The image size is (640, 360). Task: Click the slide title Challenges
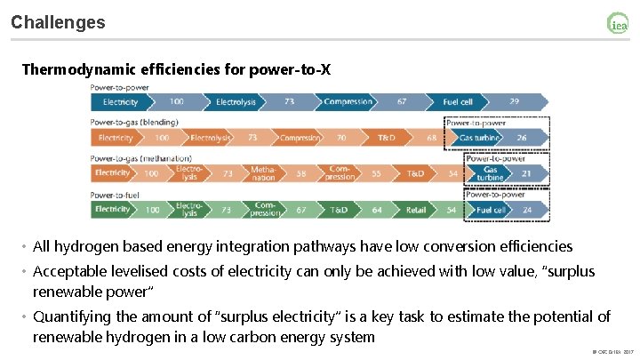pos(58,22)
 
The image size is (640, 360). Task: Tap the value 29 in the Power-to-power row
pos(514,102)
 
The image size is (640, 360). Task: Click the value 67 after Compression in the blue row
pos(402,102)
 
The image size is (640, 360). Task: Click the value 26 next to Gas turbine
pos(521,138)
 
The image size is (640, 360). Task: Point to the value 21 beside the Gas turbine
pos(526,173)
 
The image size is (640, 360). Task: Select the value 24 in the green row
pos(525,210)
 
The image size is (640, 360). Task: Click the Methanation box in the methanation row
pos(263,173)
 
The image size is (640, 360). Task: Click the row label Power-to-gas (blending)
pos(134,122)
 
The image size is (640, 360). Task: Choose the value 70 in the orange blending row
pos(340,138)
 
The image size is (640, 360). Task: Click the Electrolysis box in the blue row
pos(236,102)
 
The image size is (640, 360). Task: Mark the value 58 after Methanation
pos(301,173)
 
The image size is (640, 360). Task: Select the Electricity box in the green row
pos(113,210)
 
